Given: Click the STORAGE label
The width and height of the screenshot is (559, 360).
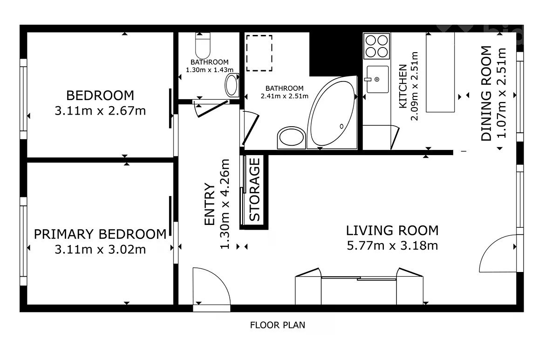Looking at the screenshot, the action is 254,190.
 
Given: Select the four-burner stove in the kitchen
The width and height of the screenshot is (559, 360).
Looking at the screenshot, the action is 376,46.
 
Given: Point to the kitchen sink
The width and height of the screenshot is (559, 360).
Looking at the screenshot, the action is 377,79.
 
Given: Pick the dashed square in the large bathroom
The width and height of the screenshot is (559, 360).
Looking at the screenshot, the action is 259,53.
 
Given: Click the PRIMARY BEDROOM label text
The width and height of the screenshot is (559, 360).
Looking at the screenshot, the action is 100,234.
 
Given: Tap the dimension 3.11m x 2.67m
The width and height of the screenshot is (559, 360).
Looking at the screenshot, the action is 100,111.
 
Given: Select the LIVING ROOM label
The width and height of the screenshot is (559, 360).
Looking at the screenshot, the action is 392,230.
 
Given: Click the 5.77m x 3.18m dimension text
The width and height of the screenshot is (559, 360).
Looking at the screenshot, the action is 392,246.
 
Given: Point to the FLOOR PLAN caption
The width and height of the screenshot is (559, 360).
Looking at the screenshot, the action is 278,325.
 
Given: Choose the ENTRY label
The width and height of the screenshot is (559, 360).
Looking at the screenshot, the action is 209,204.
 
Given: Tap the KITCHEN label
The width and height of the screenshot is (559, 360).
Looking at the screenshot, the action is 403,86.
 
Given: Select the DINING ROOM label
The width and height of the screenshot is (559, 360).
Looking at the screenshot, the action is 486,93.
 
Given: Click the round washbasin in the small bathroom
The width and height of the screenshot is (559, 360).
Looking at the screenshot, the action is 232,85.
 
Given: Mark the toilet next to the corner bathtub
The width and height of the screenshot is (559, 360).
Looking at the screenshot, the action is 291,138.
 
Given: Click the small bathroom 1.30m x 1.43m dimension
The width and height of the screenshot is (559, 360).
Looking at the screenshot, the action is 209,70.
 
